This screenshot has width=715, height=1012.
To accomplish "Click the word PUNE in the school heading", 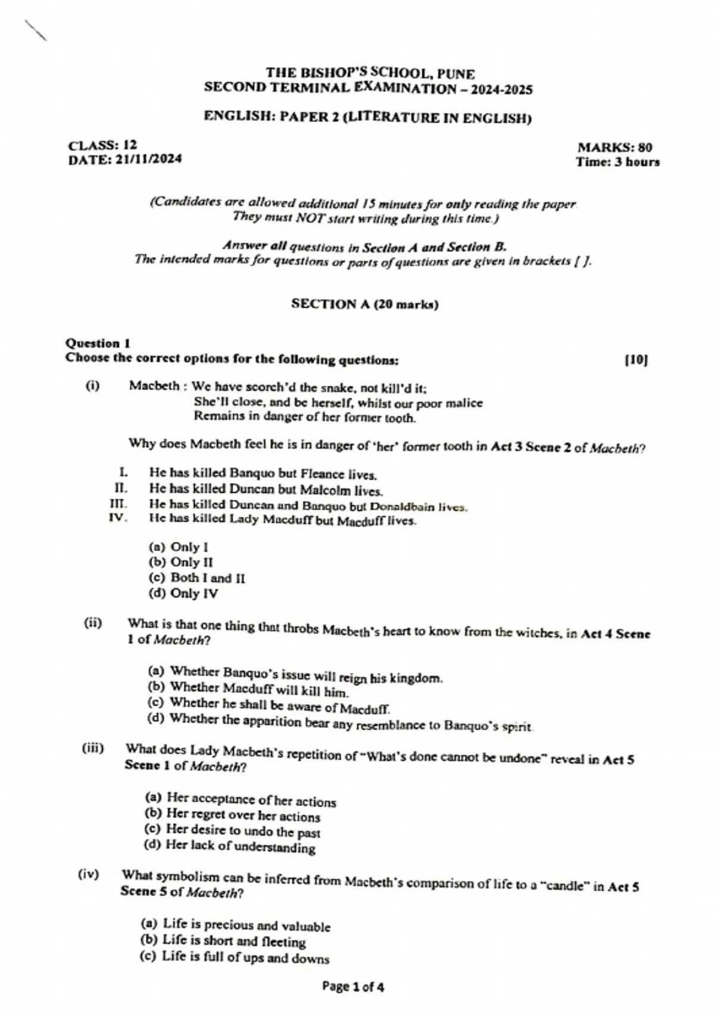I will pos(456,74).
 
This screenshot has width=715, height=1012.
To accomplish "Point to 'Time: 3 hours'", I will pos(617,162).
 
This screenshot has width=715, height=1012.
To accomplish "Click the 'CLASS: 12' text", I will pos(102,145).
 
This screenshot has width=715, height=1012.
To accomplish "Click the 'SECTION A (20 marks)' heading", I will pos(365,304).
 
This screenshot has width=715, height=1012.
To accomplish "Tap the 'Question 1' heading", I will pos(98,343).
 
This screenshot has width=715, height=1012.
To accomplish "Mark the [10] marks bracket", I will pos(636,360).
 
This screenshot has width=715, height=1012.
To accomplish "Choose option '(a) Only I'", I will pos(178,546).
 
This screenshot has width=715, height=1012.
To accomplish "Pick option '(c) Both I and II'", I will pos(197,577).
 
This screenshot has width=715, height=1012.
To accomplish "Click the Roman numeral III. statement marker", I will pos(119,504).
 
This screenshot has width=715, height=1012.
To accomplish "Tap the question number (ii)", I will pos(93,623).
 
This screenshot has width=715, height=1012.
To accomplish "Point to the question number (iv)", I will pos(88,874).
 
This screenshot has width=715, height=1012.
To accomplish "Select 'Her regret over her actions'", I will pos(243,815).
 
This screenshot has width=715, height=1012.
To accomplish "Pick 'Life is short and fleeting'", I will pos(234,941).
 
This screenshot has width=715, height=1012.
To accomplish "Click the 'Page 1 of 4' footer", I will pos(353,986).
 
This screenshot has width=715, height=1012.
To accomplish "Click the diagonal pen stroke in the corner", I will pos(36,30).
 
